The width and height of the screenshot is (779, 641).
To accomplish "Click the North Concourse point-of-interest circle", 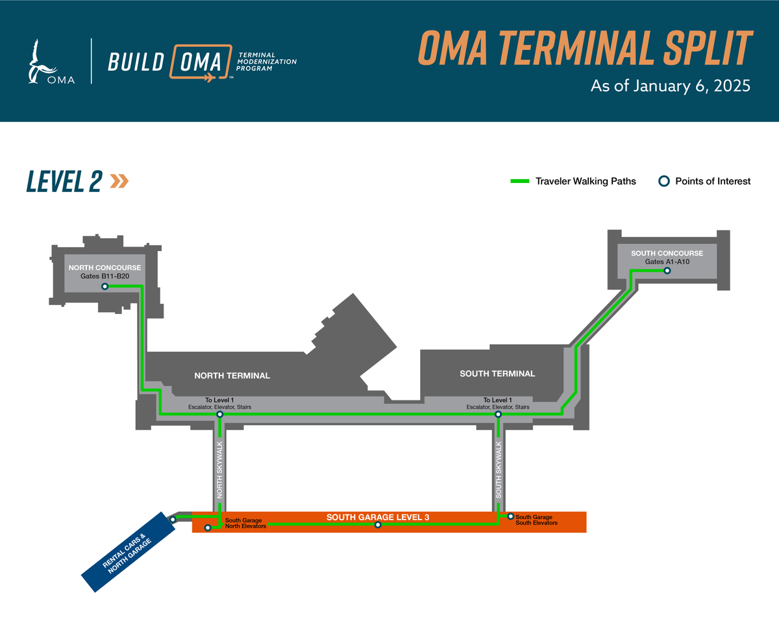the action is (x=104, y=286).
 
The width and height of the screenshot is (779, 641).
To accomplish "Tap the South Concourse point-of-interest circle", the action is (x=667, y=271).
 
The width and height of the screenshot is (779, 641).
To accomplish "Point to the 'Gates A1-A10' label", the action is (x=667, y=262).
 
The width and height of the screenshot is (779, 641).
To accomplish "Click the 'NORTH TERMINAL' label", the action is (x=232, y=376).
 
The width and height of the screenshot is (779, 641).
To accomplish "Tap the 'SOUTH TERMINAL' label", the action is (x=497, y=374).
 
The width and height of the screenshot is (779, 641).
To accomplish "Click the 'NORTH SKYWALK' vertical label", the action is (x=220, y=470).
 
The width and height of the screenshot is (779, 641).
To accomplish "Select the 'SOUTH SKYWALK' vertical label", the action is (x=499, y=470).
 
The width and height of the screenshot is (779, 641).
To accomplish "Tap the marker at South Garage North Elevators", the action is (x=208, y=528).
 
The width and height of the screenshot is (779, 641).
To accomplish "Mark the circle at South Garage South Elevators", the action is (x=511, y=516).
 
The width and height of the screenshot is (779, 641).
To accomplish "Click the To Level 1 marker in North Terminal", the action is (x=219, y=414).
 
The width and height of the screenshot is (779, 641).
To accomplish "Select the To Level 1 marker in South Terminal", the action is (x=498, y=414).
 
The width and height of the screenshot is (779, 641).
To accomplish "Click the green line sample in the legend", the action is (x=521, y=181).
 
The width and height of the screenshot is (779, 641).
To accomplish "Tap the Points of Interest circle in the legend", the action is (x=663, y=181).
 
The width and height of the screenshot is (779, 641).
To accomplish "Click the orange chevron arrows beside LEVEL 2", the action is (x=119, y=181).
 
